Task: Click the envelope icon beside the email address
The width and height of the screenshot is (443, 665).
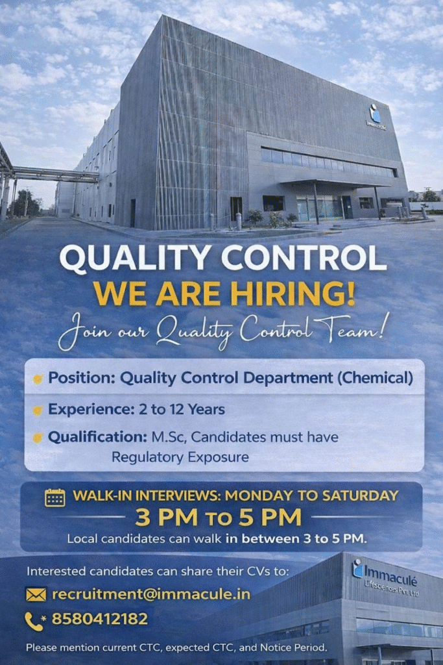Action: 36,594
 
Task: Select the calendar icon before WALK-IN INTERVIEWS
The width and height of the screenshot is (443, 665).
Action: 54,497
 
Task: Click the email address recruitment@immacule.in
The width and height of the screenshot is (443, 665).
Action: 150,594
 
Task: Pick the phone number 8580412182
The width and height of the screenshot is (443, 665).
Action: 99,620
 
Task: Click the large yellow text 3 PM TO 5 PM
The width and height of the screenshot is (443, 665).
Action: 219,518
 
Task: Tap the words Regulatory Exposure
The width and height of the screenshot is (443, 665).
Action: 180,457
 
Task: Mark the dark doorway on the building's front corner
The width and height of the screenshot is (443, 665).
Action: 236,208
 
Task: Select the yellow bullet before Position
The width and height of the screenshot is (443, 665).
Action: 38,379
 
